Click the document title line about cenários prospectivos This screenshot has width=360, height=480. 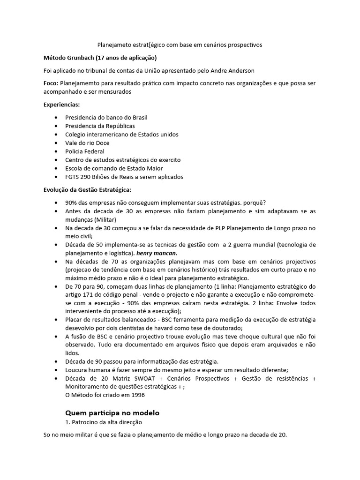click(180, 45)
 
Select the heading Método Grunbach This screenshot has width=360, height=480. click(100, 58)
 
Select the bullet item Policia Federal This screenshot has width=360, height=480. click(85, 151)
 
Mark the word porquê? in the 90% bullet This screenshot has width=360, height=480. click(253, 202)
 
